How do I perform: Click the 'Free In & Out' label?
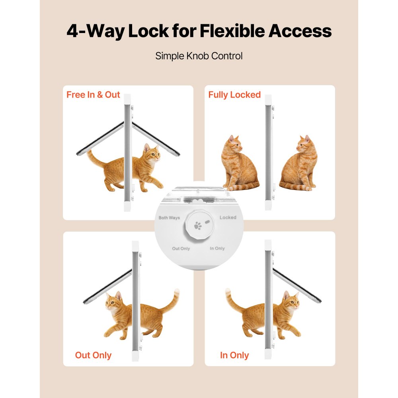tap(93, 95)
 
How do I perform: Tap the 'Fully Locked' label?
tap(234, 95)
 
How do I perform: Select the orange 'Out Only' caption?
tap(93, 355)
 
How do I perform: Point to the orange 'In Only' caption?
tap(234, 355)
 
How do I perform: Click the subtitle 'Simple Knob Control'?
tap(199, 56)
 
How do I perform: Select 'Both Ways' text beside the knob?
tap(169, 218)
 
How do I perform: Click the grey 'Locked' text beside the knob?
tap(228, 217)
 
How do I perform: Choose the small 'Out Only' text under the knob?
tap(181, 249)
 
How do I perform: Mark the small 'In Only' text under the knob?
tap(217, 248)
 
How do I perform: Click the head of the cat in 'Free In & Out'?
tap(152, 153)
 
